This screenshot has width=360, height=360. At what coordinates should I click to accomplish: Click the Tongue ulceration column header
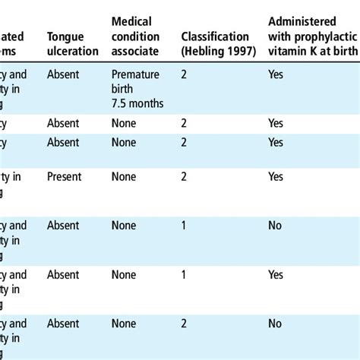pos(72,44)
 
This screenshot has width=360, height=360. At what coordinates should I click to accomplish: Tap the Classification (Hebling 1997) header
pos(215,44)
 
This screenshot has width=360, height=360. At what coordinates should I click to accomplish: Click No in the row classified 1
pos(273,225)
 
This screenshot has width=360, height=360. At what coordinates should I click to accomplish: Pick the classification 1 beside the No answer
pos(184,225)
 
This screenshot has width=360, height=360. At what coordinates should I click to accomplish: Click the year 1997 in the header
pos(235,51)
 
